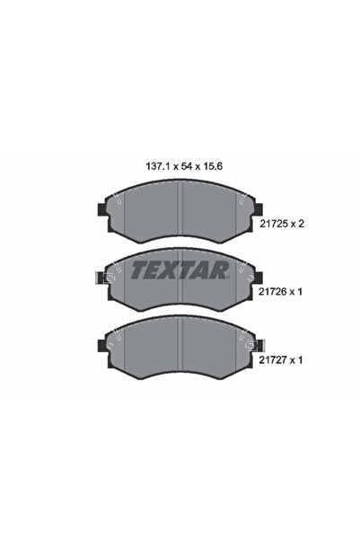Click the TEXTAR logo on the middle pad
point(180,269)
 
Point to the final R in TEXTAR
point(221,269)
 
